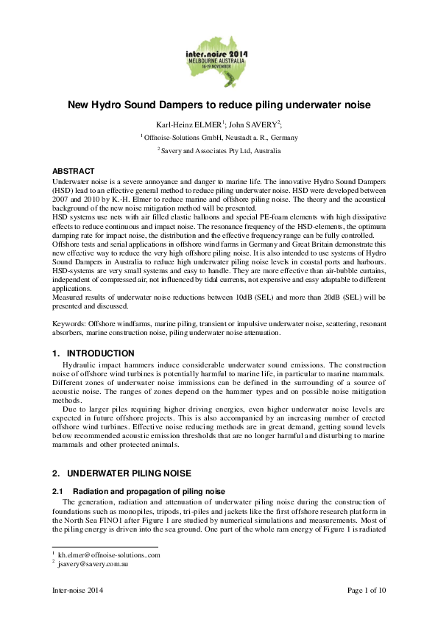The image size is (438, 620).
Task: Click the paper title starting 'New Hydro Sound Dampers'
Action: coord(219,105)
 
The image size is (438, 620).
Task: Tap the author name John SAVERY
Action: coord(257,124)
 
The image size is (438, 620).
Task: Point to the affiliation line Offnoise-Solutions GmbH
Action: coord(219,137)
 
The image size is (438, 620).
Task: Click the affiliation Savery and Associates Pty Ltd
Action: coord(219,150)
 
